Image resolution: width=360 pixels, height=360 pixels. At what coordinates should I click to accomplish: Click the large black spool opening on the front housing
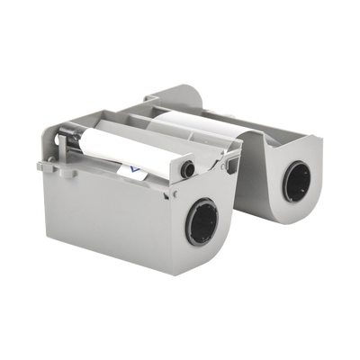click(202, 223)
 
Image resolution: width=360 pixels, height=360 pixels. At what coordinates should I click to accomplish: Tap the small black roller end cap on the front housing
click(186, 168)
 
